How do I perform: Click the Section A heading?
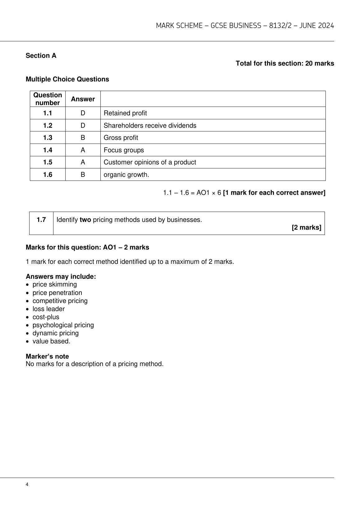point(41,56)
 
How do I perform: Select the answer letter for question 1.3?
point(83,138)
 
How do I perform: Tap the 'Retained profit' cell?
point(125,113)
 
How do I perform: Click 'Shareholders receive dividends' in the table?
point(150,126)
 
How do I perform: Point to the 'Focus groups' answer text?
point(124,150)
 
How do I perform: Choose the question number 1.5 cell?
point(48,162)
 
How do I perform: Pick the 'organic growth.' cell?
point(126,175)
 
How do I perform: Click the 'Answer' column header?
point(83,99)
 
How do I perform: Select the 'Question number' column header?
point(48,99)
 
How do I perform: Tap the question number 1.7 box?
point(41,220)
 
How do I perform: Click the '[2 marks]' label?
point(306,227)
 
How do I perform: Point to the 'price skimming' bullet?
point(55,284)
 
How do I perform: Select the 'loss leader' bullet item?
point(48,309)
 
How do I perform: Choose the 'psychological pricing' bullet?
point(63,325)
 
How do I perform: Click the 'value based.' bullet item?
point(51,341)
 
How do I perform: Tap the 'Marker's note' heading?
point(47,356)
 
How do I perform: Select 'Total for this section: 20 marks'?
point(285,63)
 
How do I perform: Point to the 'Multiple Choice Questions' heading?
point(67,79)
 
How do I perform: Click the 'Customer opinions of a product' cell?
point(150,162)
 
